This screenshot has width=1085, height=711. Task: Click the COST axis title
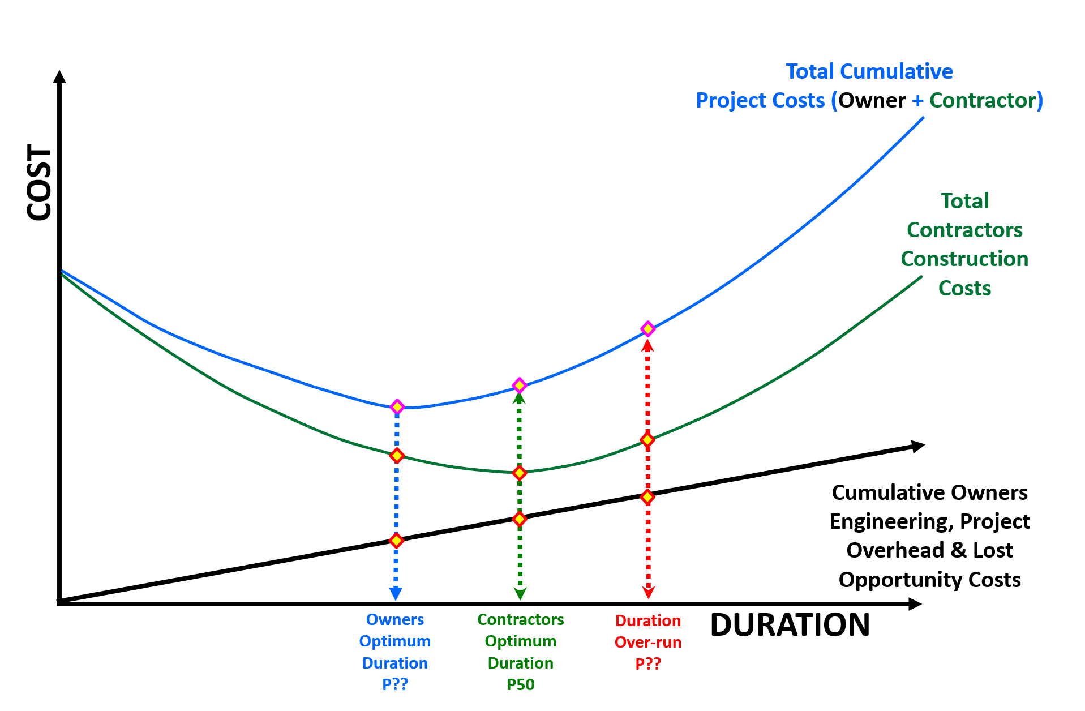point(40,182)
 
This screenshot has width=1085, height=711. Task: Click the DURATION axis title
point(790,625)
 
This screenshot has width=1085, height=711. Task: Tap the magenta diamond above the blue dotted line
point(397,406)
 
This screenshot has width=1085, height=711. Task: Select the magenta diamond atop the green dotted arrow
point(520,386)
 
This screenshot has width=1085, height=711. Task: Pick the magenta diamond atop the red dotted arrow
point(648,329)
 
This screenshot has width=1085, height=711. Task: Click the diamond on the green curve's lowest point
point(520,473)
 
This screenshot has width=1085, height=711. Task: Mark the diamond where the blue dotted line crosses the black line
point(397,540)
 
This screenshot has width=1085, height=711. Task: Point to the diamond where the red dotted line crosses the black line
point(648,496)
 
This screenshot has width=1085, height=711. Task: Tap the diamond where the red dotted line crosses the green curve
point(648,439)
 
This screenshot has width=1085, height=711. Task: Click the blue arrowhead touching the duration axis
point(396,593)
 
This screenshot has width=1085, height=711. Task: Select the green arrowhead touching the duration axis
point(520,593)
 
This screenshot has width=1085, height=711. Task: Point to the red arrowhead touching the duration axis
point(649,593)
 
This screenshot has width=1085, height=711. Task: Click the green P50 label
point(521,685)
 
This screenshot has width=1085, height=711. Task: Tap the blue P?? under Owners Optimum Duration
point(395,684)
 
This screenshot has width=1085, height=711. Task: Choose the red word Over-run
point(648,643)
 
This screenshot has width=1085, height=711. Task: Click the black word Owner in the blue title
point(872,100)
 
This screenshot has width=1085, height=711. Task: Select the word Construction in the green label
point(964,259)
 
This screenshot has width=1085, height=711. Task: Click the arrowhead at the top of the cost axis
point(59,76)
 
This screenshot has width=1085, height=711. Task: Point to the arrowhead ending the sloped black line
point(917,446)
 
